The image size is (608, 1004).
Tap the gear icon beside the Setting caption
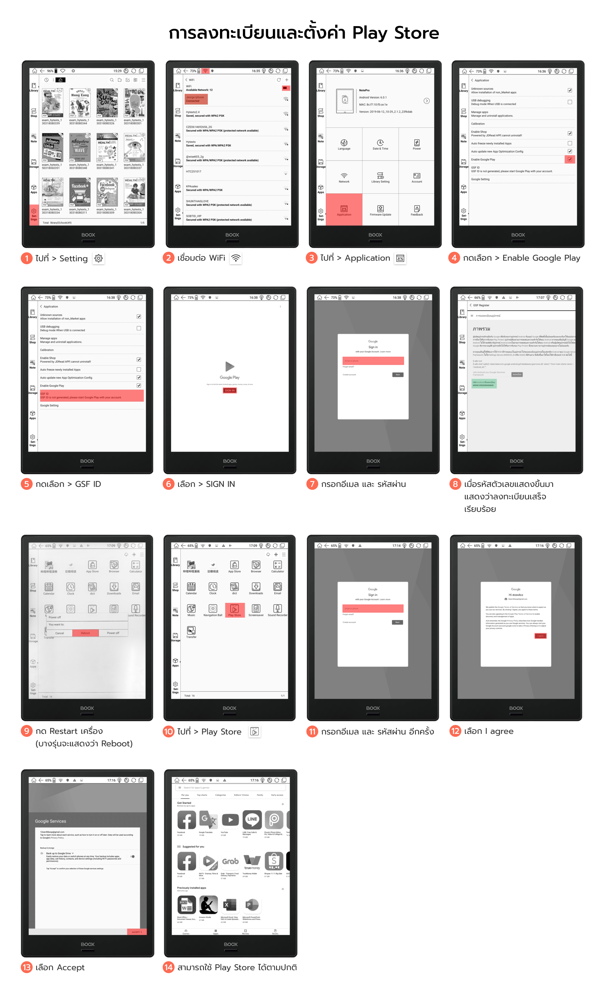pos(99,258)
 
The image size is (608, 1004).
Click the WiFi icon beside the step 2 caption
pos(235,258)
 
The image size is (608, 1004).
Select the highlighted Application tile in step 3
pos(344,209)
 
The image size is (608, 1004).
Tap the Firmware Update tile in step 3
pos(380,209)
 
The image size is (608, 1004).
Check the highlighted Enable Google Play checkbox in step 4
pos(569,159)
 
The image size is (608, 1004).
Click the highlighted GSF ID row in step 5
pos(92,395)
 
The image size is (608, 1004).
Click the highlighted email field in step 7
pos(373,361)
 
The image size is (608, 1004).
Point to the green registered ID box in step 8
pos(484,384)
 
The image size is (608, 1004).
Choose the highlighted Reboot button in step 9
pos(85,633)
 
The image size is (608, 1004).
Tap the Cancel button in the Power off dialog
pos(59,633)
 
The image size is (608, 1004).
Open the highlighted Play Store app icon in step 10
pos(234,609)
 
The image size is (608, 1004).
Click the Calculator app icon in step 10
pos(278,566)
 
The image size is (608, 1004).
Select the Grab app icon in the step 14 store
pos(230,862)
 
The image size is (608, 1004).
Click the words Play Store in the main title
pos(395,33)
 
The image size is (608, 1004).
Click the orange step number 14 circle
pos(168,967)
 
